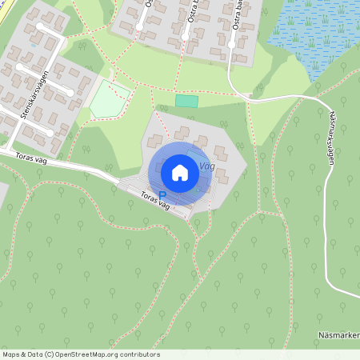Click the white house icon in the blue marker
click(x=180, y=173)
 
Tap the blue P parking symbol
click(x=162, y=195)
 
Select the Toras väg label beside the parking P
click(x=154, y=201)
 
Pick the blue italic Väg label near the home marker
click(x=206, y=166)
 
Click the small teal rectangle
click(x=186, y=101)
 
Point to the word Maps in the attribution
click(x=12, y=354)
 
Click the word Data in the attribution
click(x=36, y=354)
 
